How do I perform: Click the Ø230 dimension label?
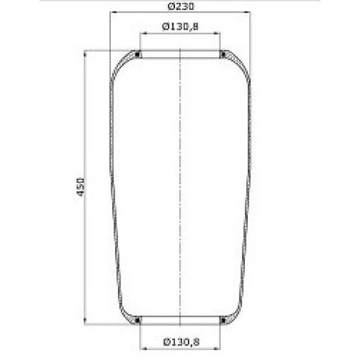[x=181, y=6]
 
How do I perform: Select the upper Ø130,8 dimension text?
[x=180, y=27]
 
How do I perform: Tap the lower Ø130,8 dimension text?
[x=181, y=342]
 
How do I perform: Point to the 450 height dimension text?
[x=80, y=187]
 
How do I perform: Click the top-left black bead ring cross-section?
[x=137, y=55]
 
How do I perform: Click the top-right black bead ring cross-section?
[x=223, y=55]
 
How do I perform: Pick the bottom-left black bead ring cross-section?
[x=137, y=320]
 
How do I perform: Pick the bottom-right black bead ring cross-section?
[x=223, y=320]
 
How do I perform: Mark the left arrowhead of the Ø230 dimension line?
[x=114, y=12]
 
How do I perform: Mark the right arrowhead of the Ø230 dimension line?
[x=247, y=12]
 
